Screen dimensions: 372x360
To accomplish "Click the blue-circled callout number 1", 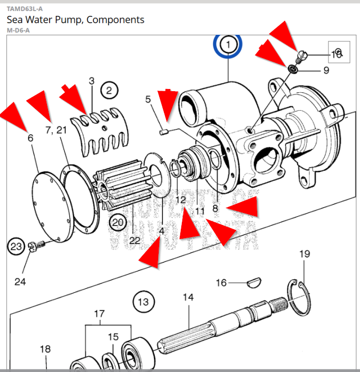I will click(228, 45).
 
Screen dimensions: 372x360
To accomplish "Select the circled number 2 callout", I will click(109, 91).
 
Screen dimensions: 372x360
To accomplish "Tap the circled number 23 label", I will click(17, 246).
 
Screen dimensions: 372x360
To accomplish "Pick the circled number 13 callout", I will click(143, 302).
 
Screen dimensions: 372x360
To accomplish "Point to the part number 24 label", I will click(20, 282).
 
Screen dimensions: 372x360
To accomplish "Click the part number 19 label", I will click(305, 254).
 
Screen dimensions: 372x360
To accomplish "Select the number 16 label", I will click(221, 283).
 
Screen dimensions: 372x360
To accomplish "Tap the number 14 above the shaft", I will click(188, 298).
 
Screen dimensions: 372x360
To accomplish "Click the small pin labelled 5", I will click(163, 131).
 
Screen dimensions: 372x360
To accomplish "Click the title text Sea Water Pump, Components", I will click(75, 20).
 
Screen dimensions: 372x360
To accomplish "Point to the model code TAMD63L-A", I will click(25, 8).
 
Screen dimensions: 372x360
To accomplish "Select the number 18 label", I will click(45, 349).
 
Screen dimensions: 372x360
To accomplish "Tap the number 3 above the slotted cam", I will click(91, 81).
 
